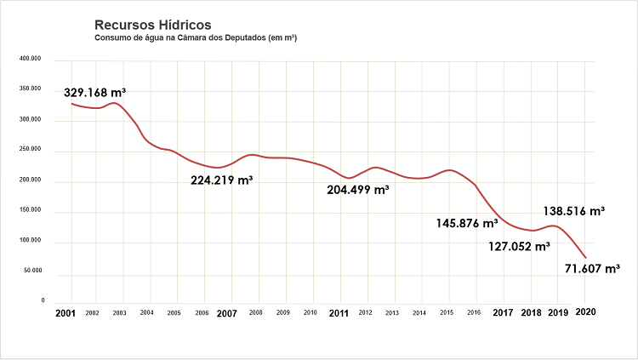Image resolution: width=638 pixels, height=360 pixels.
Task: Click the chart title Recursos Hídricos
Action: [x=153, y=26]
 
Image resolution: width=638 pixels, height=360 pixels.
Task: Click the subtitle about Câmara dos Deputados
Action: [x=196, y=38]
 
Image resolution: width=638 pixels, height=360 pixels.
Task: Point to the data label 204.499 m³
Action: [x=357, y=189]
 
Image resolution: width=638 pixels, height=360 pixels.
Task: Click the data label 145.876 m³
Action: [x=466, y=223]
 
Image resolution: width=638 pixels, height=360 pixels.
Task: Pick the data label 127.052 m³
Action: [x=519, y=247]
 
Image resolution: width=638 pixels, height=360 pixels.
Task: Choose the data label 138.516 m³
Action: [x=573, y=209]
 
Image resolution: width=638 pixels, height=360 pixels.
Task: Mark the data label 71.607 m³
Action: [x=592, y=269]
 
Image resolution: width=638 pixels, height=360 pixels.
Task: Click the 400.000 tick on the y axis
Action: [x=31, y=60]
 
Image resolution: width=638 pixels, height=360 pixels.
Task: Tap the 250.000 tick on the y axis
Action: [x=31, y=151]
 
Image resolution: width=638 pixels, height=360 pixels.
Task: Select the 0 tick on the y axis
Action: [x=43, y=300]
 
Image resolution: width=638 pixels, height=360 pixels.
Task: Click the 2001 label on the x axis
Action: [x=65, y=313]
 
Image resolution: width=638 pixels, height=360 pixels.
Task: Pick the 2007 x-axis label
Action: [x=226, y=313]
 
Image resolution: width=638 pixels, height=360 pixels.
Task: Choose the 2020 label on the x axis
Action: [x=586, y=312]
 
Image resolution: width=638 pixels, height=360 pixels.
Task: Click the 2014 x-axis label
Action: [x=419, y=313]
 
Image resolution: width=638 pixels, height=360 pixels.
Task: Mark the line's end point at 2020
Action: [x=586, y=258]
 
